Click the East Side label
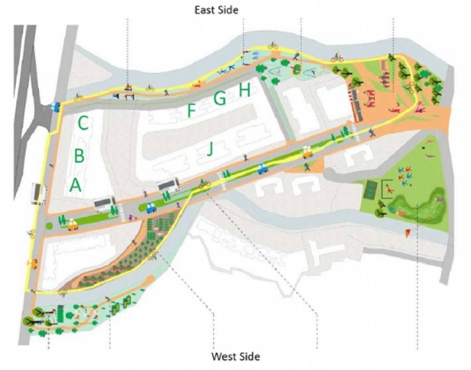216,10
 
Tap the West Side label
235,357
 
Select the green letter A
75,185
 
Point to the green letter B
79,156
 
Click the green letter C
83,124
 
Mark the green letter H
245,90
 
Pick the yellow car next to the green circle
73,225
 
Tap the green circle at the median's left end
49,225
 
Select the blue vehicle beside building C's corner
56,106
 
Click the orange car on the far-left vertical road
33,264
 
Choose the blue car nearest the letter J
262,169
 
